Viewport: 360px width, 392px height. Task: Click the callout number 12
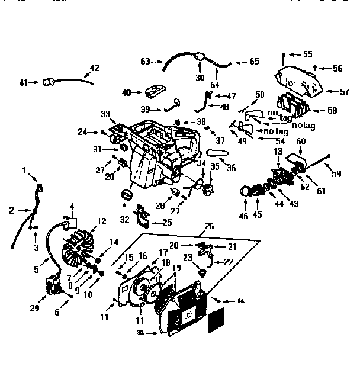point(101,221)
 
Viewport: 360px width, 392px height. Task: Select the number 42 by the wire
point(94,68)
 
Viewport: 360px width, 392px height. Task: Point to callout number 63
point(146,60)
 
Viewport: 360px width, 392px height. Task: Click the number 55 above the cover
point(307,54)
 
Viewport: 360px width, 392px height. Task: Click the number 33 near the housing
point(106,114)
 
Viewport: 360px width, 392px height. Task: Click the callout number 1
point(25,171)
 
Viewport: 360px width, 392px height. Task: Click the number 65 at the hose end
point(254,62)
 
